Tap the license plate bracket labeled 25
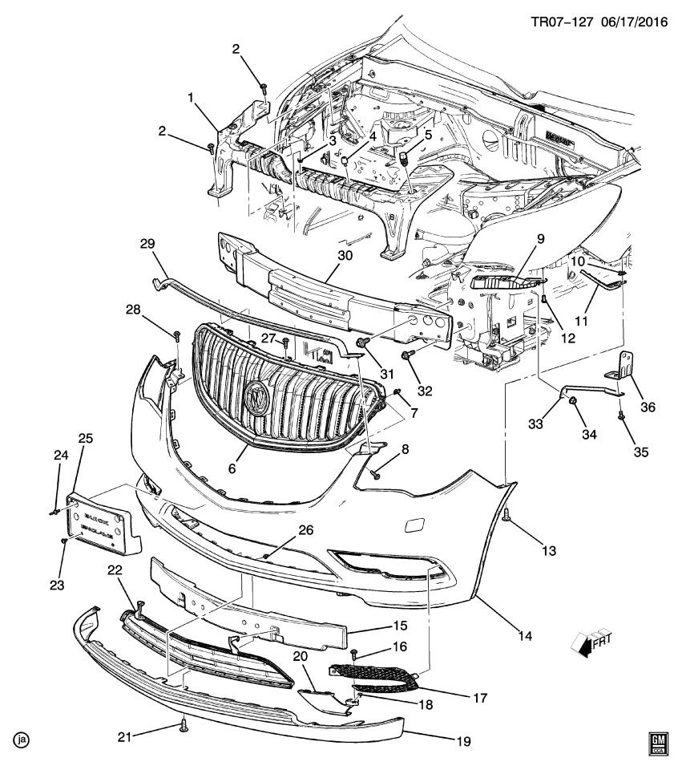(x=102, y=524)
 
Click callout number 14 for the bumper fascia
(x=525, y=637)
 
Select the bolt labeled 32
(x=407, y=355)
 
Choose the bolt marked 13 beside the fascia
(x=508, y=521)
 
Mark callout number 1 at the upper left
(x=191, y=97)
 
